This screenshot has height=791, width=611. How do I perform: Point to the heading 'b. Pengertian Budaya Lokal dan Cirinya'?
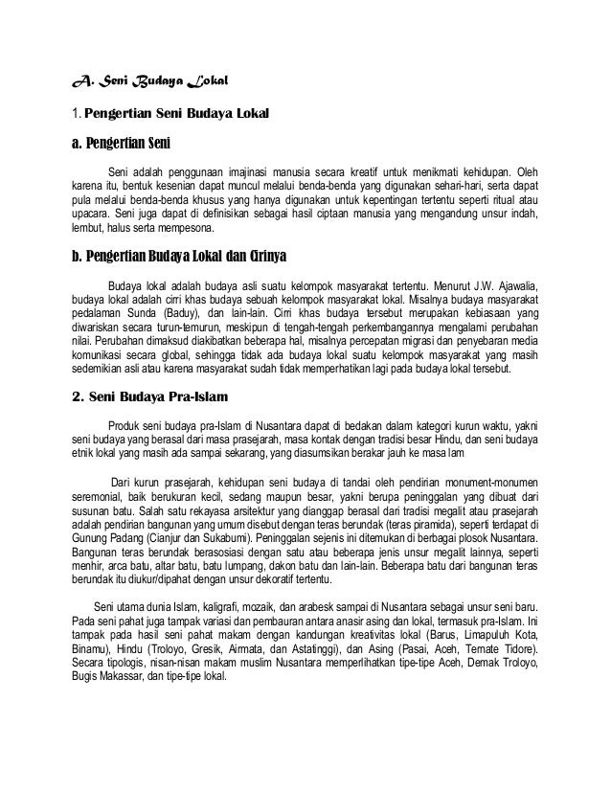(179, 259)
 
